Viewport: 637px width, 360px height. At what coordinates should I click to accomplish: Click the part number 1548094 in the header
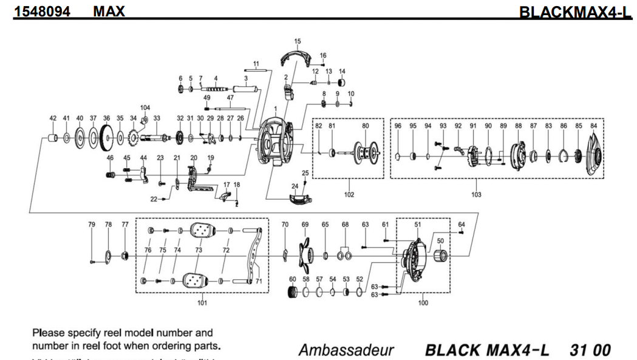tap(42, 10)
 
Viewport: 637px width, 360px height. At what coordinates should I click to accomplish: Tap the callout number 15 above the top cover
tap(298, 41)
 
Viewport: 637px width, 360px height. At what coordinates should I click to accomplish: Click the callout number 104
tap(145, 107)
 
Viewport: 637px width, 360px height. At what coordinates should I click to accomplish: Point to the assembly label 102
tap(349, 195)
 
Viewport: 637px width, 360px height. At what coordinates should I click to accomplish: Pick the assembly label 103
tap(476, 195)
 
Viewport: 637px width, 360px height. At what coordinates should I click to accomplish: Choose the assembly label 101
tap(201, 303)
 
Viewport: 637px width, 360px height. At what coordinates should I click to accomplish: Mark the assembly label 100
tap(423, 303)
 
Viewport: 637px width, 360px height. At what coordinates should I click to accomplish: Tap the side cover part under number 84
tap(593, 151)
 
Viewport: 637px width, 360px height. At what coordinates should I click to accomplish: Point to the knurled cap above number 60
tap(292, 292)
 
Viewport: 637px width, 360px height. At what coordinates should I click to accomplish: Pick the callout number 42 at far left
tap(52, 118)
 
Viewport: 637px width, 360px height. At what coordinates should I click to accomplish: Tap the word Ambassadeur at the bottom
tap(346, 350)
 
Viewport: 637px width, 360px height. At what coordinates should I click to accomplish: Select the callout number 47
tap(230, 97)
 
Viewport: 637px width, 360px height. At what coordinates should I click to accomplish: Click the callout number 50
tap(440, 242)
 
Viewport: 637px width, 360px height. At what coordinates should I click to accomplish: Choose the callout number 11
tap(256, 63)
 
